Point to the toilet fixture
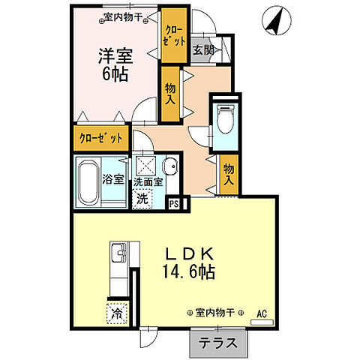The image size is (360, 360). coord(223,118)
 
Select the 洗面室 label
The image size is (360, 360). coord(149,182)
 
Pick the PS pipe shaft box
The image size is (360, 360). coord(174,202)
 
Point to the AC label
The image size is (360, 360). coord(262,313)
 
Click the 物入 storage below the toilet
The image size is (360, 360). coord(229,175)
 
